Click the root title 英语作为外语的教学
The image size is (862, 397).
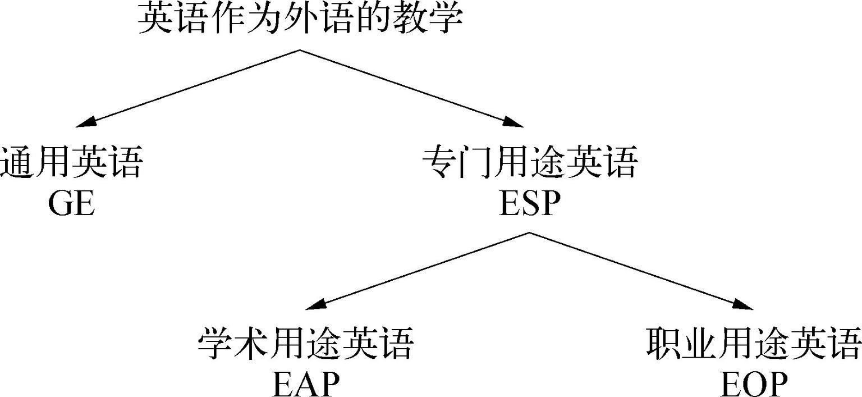(300, 19)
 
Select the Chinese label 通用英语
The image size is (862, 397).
(71, 163)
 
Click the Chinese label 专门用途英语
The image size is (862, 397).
(530, 163)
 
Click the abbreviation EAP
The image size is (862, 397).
(306, 385)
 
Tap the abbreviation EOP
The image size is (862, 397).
(753, 385)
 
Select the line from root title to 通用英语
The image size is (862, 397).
(191, 87)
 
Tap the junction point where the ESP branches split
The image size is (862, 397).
(529, 232)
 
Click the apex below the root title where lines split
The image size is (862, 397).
(299, 50)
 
